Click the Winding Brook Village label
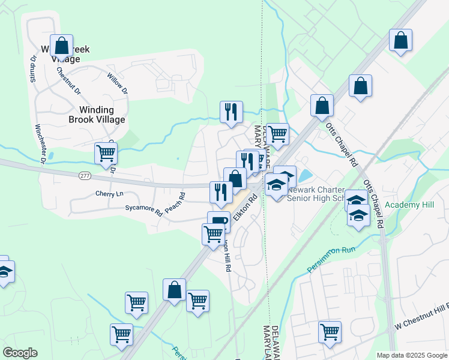click(x=102, y=115)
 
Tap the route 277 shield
click(x=84, y=175)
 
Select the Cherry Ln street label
click(x=109, y=194)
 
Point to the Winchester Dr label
click(x=40, y=143)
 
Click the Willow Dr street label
click(x=116, y=83)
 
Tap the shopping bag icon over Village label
click(x=61, y=45)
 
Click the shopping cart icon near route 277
click(x=106, y=153)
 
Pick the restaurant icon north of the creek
click(x=231, y=112)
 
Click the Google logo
click(x=20, y=353)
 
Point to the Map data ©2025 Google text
click(x=411, y=355)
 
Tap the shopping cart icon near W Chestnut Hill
click(x=330, y=332)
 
